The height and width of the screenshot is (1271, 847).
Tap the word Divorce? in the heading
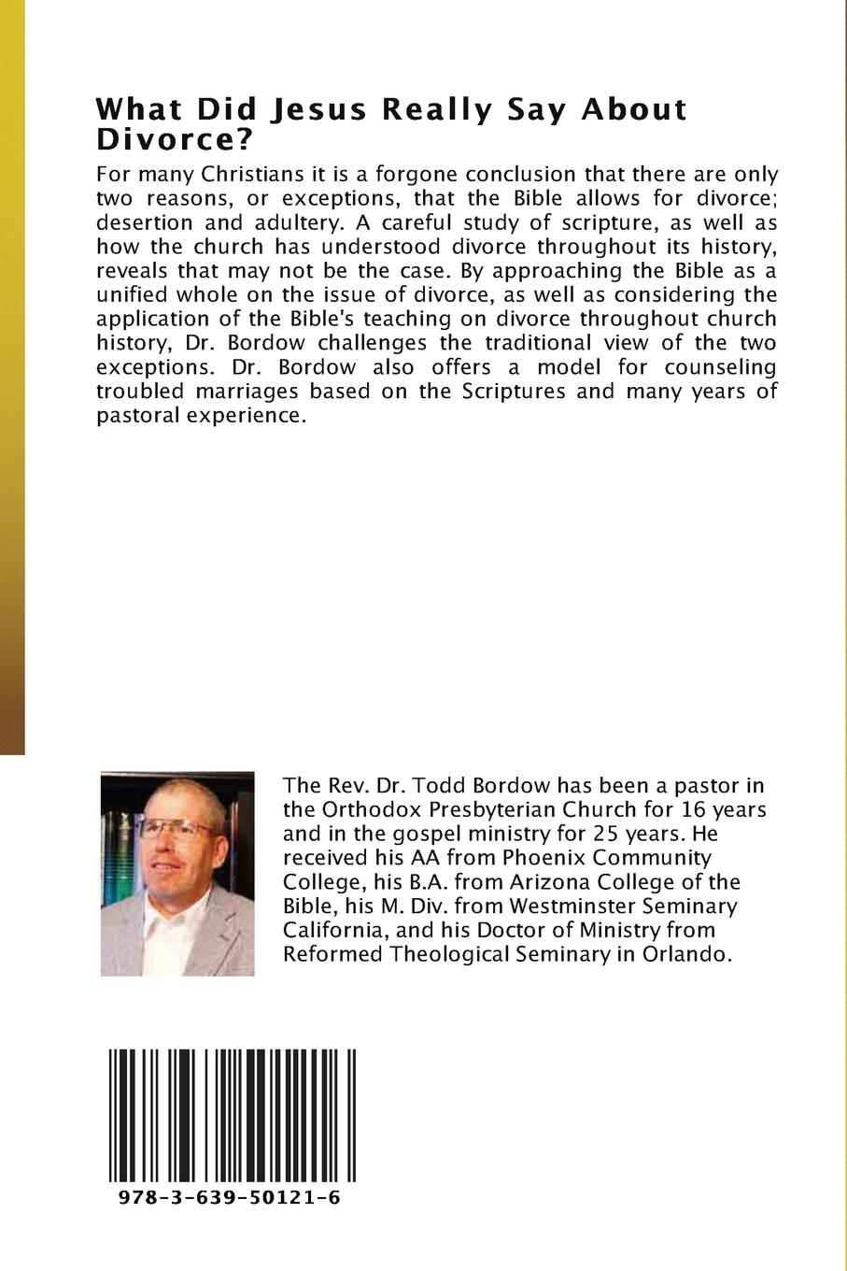[x=166, y=139]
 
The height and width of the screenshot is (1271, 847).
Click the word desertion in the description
[x=142, y=223]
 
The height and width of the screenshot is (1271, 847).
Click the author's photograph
[x=177, y=874]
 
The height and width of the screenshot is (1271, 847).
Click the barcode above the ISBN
[x=233, y=1115]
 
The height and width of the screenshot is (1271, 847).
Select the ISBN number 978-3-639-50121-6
[x=224, y=1198]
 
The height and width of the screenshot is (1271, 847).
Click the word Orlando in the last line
[x=679, y=955]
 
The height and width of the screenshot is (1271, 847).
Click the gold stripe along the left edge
[x=12, y=374]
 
